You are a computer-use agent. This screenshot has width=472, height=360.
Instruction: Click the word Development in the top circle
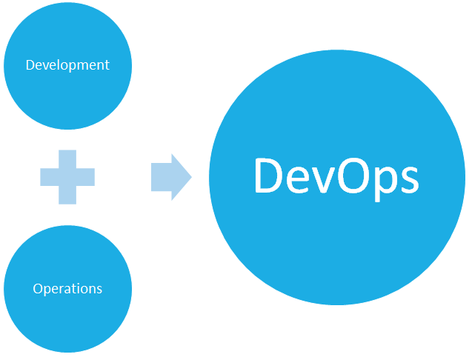pos(67,65)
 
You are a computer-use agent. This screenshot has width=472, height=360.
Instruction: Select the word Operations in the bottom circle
pos(67,289)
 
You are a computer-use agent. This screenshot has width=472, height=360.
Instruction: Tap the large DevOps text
pos(336,179)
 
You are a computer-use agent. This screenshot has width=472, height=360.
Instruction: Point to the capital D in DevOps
pos(269,175)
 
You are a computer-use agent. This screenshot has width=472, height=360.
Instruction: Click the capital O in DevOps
pos(354,175)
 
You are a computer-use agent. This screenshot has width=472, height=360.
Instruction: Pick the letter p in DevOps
pos(386,183)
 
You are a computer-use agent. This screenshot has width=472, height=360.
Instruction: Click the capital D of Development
pos(30,64)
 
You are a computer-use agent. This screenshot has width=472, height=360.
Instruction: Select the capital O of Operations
pos(38,288)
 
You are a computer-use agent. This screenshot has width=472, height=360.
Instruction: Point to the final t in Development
pos(107,65)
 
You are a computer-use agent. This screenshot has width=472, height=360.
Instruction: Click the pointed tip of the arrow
pos(191,177)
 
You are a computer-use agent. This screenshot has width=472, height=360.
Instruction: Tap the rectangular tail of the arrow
pos(162,177)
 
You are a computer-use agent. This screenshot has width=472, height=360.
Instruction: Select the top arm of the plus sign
pos(67,159)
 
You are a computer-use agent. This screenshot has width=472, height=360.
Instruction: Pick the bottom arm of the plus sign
pos(67,195)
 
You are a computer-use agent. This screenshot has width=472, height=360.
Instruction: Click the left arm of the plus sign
pos(50,177)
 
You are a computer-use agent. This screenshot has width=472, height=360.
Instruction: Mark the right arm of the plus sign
pos(85,177)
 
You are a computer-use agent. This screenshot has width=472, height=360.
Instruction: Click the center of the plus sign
pos(67,177)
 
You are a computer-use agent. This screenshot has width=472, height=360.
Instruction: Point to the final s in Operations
pos(99,290)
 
